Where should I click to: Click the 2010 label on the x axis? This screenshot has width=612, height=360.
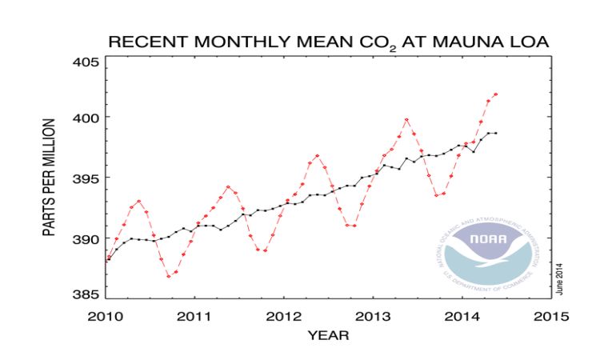pos(107,315)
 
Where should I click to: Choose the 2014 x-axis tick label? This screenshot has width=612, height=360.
pos(462,315)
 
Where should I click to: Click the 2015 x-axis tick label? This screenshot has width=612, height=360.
pos(550,315)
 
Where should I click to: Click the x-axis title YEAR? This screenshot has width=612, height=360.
pos(328,336)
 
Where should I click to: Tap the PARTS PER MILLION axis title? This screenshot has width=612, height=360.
pos(49,178)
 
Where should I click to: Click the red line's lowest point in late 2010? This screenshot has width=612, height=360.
pos(169,276)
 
